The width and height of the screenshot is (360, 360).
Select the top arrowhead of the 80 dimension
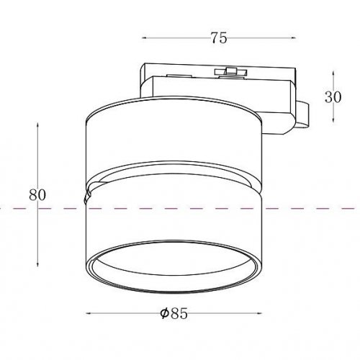(x=37, y=125)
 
